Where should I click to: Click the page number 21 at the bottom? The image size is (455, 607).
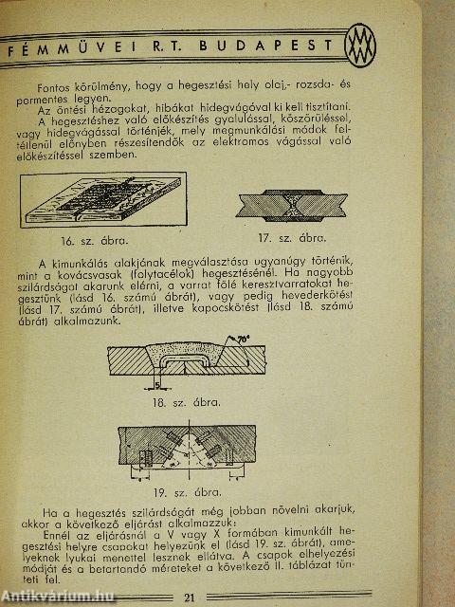pyautogui.click(x=216, y=596)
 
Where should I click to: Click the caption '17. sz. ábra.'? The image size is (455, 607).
pyautogui.click(x=303, y=238)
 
